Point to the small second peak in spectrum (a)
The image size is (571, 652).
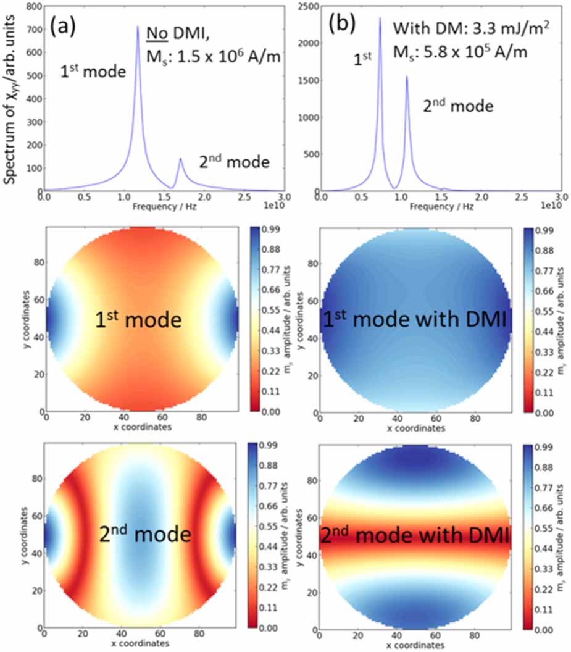point(180,159)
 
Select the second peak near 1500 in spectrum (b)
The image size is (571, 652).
point(407,77)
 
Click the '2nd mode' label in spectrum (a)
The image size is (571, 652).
point(234,162)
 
